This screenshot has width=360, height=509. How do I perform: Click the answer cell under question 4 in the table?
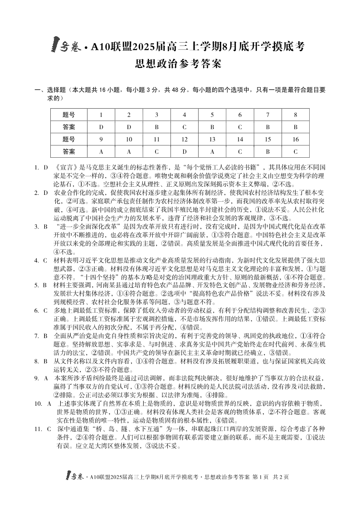[x=185, y=127]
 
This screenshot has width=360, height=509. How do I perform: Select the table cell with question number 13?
[x=212, y=139]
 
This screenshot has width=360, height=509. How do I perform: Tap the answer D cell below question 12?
[x=185, y=151]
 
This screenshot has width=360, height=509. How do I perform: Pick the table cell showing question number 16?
[x=295, y=139]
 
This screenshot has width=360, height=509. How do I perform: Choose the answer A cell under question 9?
[x=101, y=151]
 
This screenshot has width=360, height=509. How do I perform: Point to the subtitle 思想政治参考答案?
[x=180, y=64]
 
